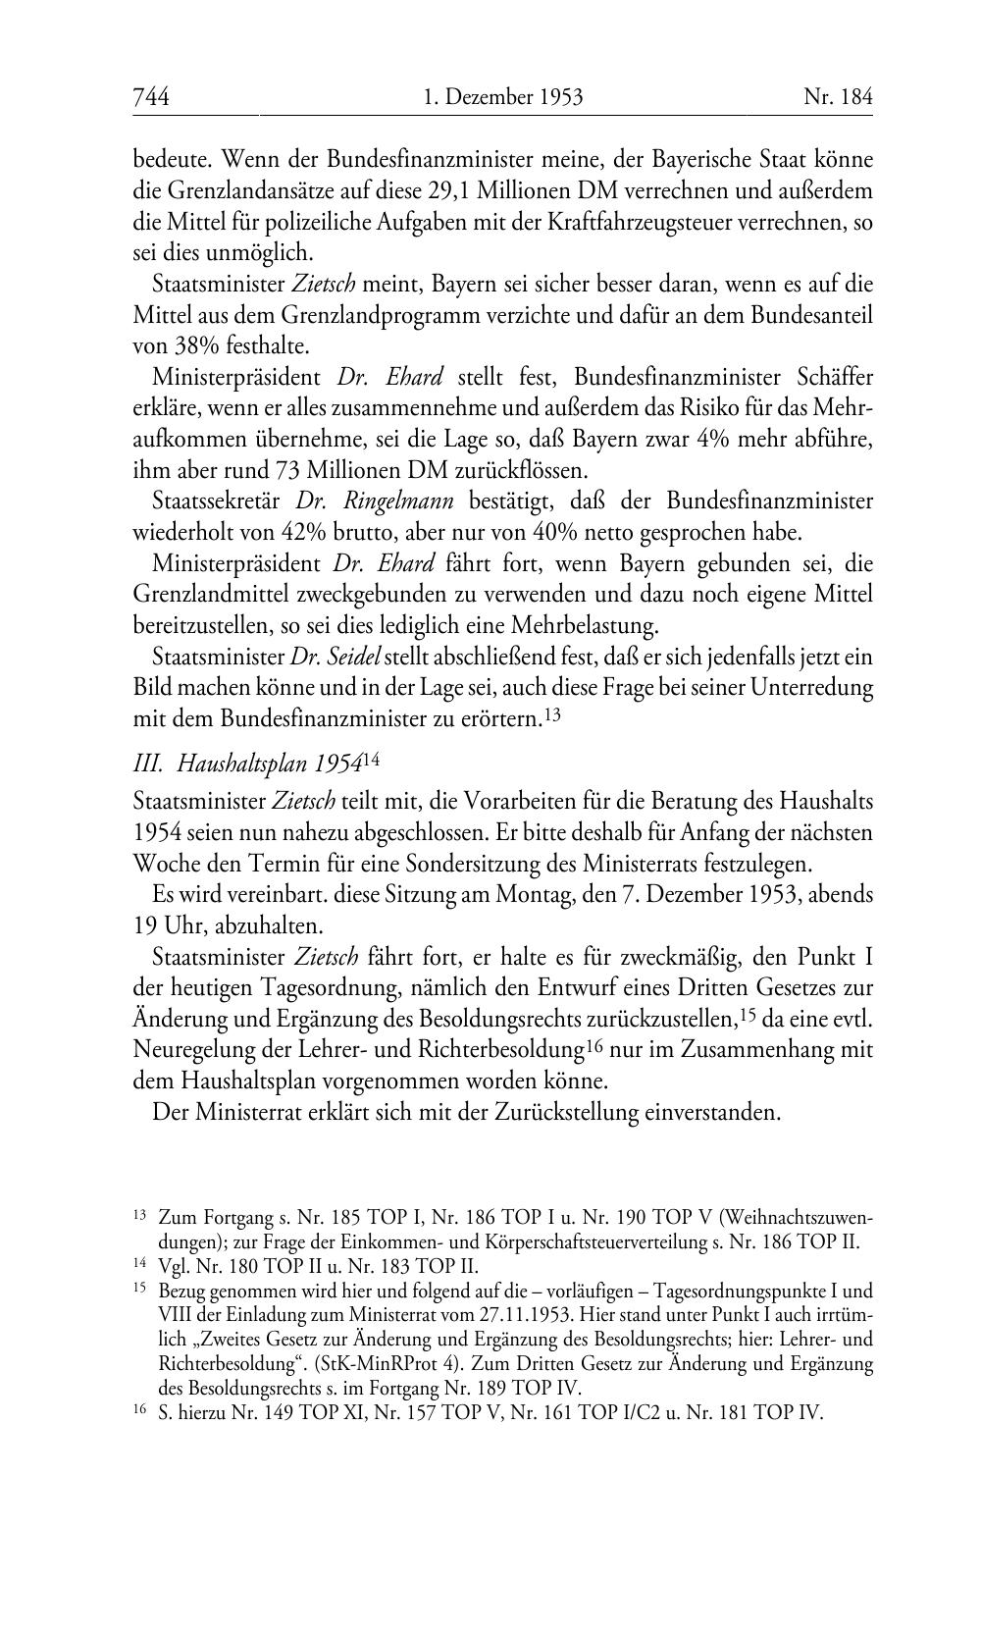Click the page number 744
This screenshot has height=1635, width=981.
[x=151, y=96]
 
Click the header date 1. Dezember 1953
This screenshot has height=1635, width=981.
[x=503, y=96]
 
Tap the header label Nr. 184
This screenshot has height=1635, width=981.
[x=837, y=96]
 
